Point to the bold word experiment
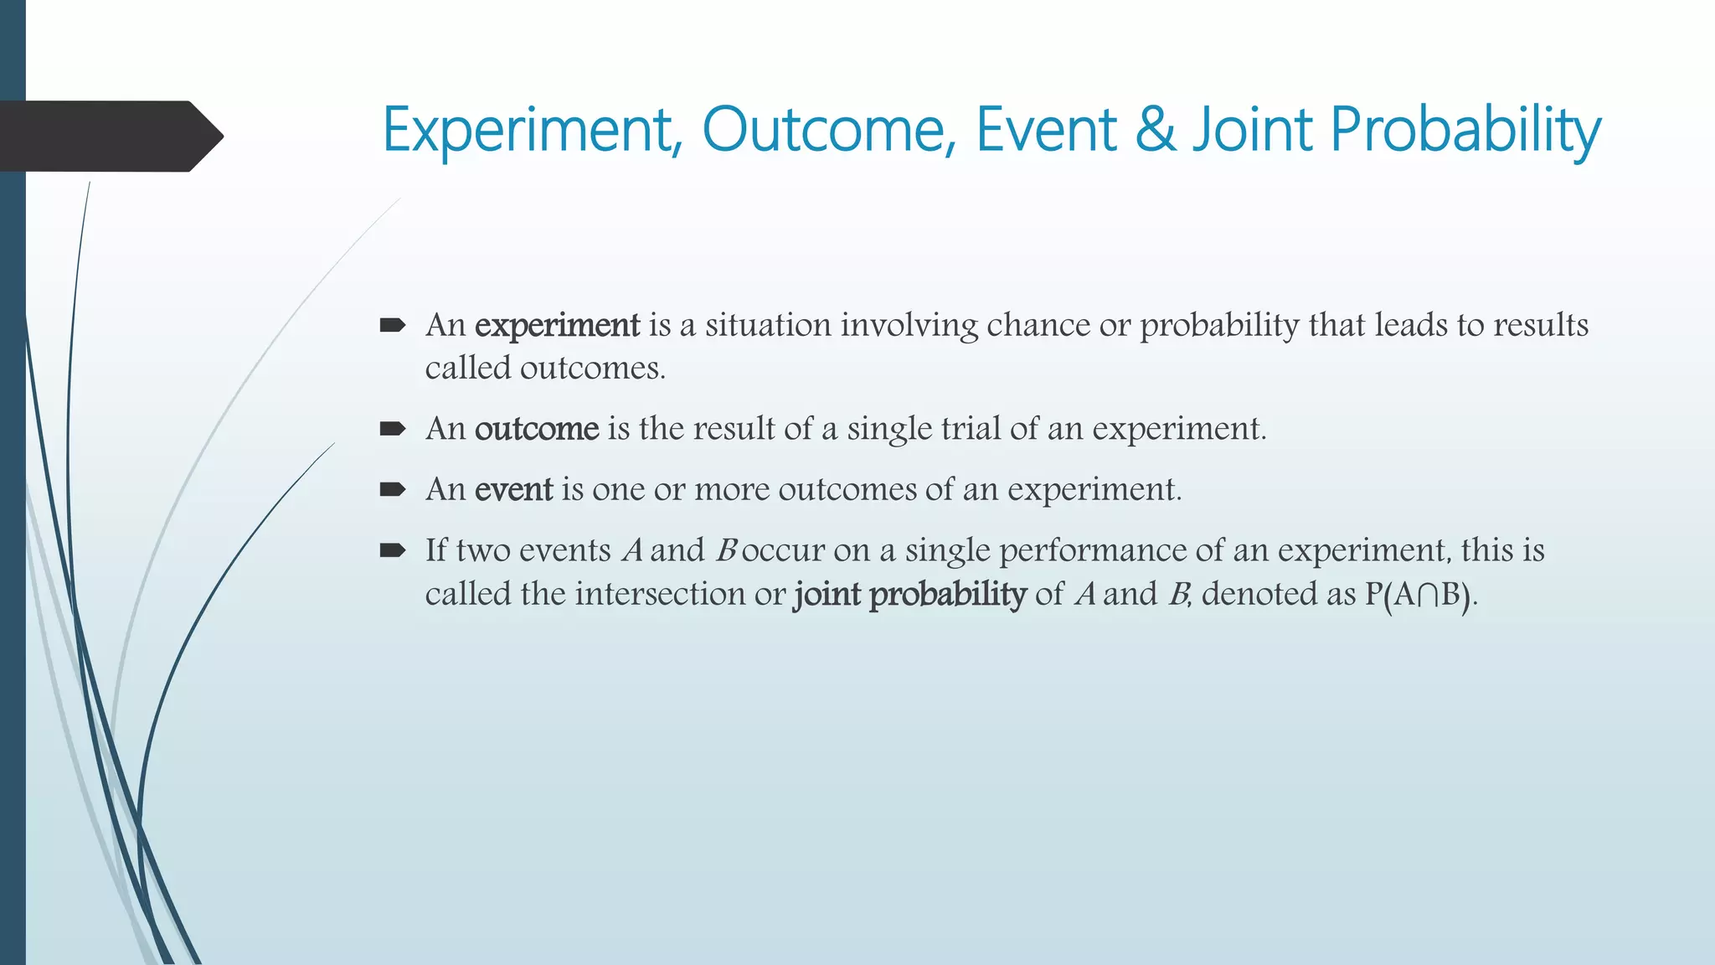[557, 325]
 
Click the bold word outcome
[537, 429]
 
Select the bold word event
[513, 489]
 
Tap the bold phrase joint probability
[909, 594]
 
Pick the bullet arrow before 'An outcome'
[392, 430]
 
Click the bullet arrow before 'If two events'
[392, 550]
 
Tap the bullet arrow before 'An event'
[392, 490]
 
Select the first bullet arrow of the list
[392, 325]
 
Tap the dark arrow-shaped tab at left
[109, 136]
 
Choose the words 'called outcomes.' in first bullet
[545, 369]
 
